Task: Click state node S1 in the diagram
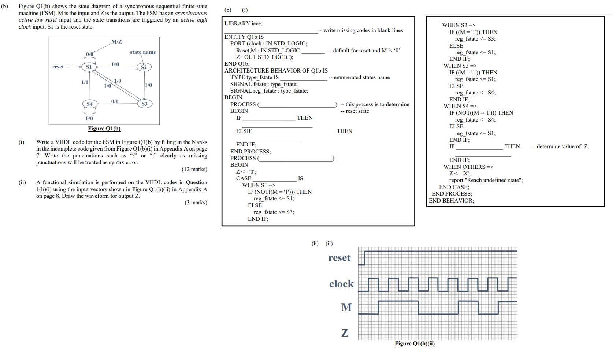pos(89,67)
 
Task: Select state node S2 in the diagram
pos(144,67)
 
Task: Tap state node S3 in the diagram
pos(144,104)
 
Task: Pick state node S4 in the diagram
pos(89,104)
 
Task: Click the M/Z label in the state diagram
pos(116,42)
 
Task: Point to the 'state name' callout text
pos(143,52)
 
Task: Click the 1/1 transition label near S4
pos(85,82)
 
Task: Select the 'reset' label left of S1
pos(58,67)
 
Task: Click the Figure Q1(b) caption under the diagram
pos(104,129)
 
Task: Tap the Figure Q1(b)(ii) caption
pos(415,344)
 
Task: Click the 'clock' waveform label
pos(341,284)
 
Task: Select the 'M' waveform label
pos(346,307)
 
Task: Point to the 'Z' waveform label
pos(345,333)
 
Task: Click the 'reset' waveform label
pos(339,258)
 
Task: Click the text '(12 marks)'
pos(194,169)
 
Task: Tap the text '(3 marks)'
pos(196,203)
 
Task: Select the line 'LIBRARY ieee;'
pos(244,23)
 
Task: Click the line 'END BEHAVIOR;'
pos(451,201)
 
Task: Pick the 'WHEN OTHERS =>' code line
pos(468,167)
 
